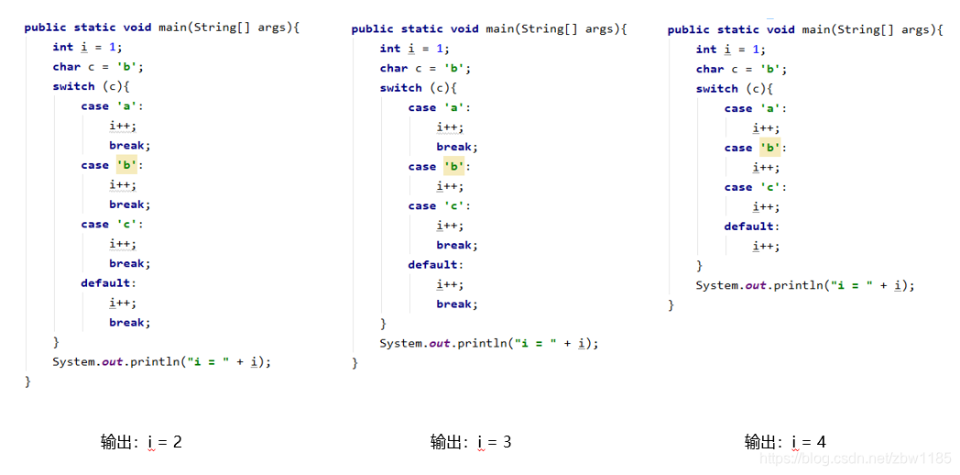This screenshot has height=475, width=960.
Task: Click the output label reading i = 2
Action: (141, 442)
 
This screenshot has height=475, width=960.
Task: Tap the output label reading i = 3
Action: (471, 442)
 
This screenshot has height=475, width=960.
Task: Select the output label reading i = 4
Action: (785, 442)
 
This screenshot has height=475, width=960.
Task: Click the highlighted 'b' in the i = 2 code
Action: (126, 165)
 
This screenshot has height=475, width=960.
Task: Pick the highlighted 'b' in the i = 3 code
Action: (454, 167)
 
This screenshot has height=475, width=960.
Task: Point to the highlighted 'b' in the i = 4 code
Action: (770, 148)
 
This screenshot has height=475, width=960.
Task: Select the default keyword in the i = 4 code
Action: (749, 226)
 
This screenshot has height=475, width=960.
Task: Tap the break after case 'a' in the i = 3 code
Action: (455, 147)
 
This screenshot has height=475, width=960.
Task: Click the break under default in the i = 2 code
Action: (128, 323)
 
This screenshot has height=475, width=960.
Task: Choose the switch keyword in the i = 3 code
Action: (400, 88)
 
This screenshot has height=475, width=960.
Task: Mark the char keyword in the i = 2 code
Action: (66, 67)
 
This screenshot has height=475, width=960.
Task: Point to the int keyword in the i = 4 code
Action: (705, 50)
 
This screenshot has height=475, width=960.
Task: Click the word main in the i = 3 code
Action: (499, 29)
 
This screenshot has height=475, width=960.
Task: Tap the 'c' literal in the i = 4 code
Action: (770, 187)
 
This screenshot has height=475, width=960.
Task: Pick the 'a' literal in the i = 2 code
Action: (126, 106)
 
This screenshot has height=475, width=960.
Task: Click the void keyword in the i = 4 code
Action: (780, 29)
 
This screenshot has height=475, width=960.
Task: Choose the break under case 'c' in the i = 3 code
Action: (455, 245)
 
